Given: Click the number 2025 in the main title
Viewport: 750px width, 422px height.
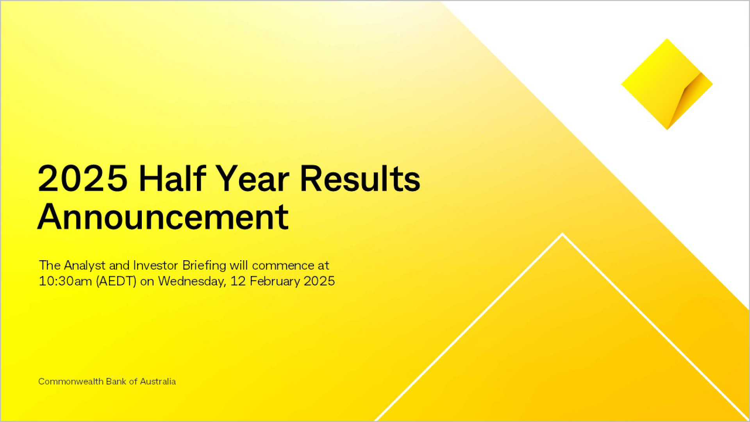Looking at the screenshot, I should (82, 179).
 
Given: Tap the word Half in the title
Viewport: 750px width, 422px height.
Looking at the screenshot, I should (172, 179).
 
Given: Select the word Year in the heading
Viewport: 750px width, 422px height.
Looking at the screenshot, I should (252, 179).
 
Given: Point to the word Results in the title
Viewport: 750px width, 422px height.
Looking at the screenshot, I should (360, 179).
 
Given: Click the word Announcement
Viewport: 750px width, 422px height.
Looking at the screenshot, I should (163, 217).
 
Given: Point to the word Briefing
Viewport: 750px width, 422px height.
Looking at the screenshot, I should (204, 265).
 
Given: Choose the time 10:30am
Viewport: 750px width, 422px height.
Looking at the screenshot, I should (65, 281).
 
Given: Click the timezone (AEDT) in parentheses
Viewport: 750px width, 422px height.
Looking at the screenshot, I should (116, 281).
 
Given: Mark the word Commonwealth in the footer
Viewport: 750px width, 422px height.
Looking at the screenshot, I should (71, 381).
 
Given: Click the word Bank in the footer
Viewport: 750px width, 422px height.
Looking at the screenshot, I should (116, 381).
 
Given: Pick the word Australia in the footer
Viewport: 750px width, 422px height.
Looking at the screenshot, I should (158, 381).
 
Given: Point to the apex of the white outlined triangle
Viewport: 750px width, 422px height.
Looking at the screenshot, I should (562, 234).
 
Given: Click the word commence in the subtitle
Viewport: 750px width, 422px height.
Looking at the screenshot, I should (283, 265).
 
